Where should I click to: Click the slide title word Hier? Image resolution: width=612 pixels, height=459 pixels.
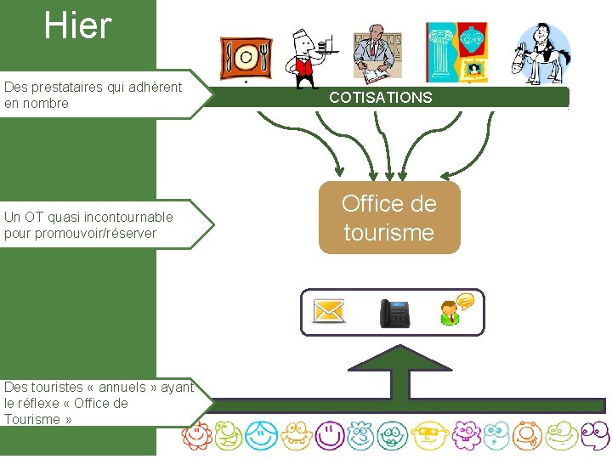[78, 25]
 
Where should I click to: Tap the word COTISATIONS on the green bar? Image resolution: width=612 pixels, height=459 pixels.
[380, 98]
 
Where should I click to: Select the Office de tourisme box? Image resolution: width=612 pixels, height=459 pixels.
[388, 218]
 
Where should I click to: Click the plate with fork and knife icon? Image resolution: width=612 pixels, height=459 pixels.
[246, 58]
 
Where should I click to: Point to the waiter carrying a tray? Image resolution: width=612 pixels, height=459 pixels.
[307, 58]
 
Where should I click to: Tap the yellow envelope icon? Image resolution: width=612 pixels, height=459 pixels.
[329, 311]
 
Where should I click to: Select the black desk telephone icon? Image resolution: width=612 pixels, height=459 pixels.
[394, 312]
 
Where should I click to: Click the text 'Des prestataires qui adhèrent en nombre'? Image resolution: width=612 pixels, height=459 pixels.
[93, 95]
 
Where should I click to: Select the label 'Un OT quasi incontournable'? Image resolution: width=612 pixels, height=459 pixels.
[88, 217]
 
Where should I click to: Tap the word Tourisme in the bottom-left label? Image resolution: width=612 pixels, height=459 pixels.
[32, 419]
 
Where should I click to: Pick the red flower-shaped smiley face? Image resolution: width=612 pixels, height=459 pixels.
[195, 436]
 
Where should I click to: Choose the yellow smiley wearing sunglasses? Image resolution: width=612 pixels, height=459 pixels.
[426, 436]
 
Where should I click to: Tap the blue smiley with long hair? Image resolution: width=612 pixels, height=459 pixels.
[261, 436]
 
